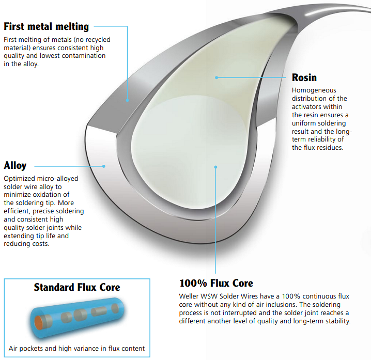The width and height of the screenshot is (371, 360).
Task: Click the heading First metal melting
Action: click(47, 26)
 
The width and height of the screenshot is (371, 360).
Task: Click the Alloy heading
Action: click(15, 166)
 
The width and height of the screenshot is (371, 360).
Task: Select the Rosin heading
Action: click(304, 77)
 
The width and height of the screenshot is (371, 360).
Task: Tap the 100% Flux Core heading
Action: click(217, 283)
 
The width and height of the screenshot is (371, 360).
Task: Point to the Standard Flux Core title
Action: click(77, 287)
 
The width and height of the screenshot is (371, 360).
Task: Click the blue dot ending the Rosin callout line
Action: click(217, 77)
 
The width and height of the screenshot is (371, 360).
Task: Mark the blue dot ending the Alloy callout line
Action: click(104, 166)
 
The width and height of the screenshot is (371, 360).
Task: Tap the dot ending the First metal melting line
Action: click(127, 100)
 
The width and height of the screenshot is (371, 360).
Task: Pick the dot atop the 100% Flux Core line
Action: click(215, 167)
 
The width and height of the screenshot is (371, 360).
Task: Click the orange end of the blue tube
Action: click(38, 322)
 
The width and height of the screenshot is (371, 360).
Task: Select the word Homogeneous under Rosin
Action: click(314, 90)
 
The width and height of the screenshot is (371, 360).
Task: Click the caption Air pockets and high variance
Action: click(76, 349)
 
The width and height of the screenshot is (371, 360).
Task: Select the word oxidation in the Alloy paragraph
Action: click(49, 195)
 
